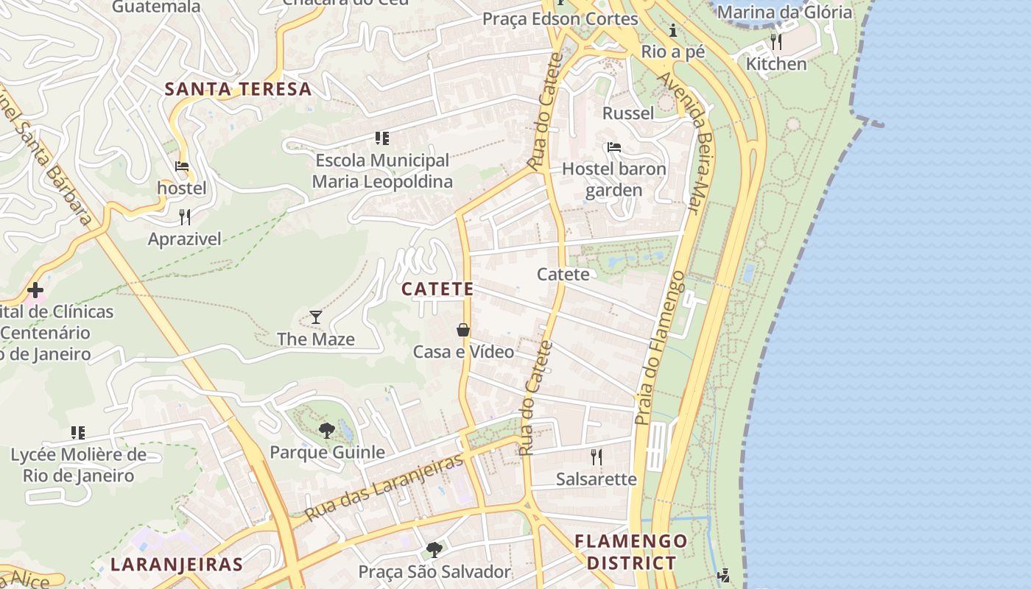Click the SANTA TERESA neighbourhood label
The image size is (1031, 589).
[238, 90]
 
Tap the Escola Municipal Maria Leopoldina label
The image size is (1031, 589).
[381, 171]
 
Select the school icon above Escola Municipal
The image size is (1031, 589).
[381, 138]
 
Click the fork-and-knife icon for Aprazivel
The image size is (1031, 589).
[185, 216]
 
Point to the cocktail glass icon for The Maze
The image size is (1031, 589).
[316, 317]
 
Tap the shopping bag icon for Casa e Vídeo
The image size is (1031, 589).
[463, 330]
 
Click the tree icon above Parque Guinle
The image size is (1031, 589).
[327, 430]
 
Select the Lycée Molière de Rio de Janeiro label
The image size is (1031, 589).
[78, 465]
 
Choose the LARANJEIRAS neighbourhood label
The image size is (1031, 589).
[176, 565]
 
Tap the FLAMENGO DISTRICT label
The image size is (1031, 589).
[630, 552]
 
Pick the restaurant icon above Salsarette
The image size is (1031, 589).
[597, 457]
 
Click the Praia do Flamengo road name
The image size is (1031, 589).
[659, 348]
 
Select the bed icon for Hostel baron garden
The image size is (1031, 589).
[614, 147]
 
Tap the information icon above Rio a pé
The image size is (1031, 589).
[672, 31]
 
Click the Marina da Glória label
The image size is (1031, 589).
[784, 12]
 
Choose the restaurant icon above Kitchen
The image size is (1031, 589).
[775, 41]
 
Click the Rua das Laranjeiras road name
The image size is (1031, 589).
[384, 487]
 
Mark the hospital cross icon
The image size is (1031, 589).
[35, 289]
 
